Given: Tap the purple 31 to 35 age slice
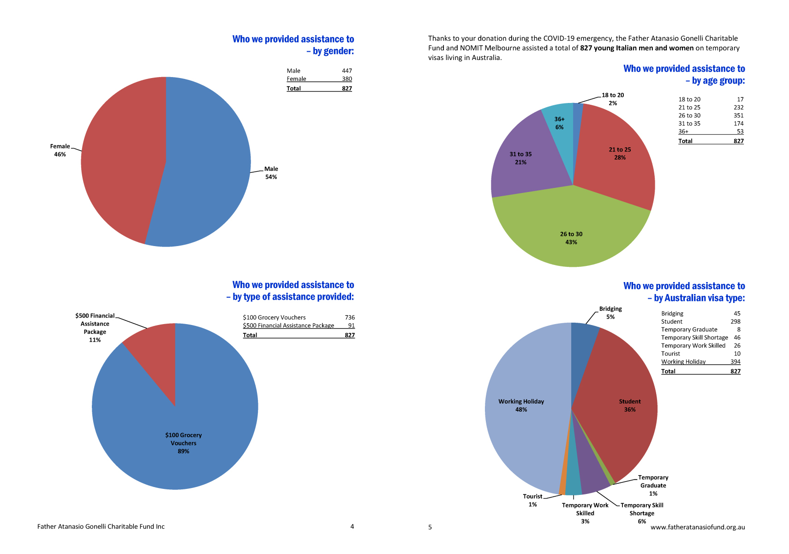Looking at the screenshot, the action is click(525, 159).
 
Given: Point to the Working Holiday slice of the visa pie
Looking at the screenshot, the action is click(525, 409).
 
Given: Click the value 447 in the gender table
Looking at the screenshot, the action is click(347, 71).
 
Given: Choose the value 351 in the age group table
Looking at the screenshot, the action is click(738, 115).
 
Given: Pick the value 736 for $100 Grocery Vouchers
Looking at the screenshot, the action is click(349, 318).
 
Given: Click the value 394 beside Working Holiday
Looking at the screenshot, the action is click(735, 361).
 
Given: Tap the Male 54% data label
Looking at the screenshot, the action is click(271, 173).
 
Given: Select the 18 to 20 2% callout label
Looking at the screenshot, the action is click(613, 99).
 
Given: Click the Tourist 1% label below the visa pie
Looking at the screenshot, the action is click(532, 500).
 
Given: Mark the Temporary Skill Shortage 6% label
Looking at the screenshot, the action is click(642, 513).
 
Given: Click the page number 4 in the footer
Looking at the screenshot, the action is click(352, 526).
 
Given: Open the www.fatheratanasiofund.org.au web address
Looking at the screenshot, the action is click(698, 527).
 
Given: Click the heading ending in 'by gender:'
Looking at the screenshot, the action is click(293, 45).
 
